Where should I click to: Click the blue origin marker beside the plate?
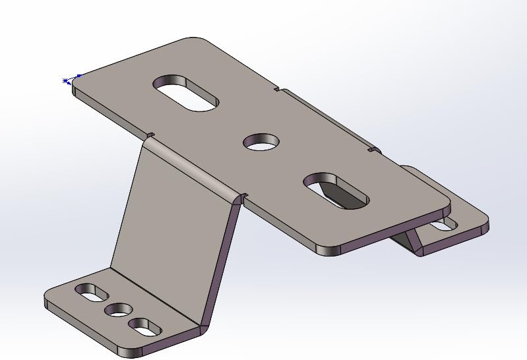(x=66, y=81)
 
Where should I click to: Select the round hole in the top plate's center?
(x=262, y=141)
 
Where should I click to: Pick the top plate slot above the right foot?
(x=336, y=191)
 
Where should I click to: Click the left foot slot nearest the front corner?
(x=145, y=325)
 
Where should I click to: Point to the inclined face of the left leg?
(x=171, y=218)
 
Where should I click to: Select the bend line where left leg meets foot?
(x=155, y=294)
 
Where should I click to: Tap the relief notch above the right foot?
(x=374, y=151)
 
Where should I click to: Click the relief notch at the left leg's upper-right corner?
(x=242, y=196)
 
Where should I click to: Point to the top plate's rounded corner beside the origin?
(x=77, y=82)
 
